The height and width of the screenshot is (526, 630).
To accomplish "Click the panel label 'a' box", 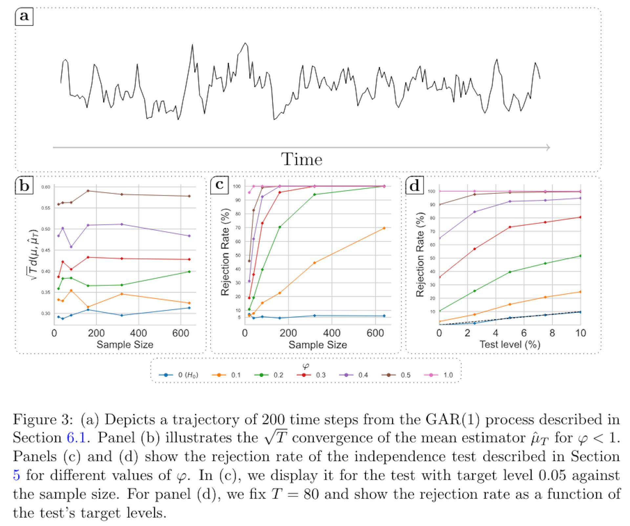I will (24, 16).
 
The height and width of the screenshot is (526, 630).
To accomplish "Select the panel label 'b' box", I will (24, 186).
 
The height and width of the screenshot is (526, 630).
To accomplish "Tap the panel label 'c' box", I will (219, 185).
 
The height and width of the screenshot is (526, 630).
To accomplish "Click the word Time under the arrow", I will (302, 160).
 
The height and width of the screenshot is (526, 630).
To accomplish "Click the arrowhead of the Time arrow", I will (548, 148).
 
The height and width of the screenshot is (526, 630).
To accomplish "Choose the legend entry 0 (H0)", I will (178, 375).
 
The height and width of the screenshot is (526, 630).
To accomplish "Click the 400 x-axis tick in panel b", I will (138, 334).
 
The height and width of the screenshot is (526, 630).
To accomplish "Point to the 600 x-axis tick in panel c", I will (375, 334).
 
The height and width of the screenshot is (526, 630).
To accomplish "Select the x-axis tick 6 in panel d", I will (524, 333).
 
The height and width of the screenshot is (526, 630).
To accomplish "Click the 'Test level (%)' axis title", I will (510, 344).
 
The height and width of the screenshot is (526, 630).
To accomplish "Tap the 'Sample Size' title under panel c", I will (318, 345).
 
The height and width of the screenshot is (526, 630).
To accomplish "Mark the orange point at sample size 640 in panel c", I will (384, 228).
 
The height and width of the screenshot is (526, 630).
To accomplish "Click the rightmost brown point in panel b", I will (189, 196).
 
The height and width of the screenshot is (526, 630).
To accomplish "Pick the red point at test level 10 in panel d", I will (580, 217).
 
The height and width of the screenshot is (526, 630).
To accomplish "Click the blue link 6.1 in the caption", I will (76, 438).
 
